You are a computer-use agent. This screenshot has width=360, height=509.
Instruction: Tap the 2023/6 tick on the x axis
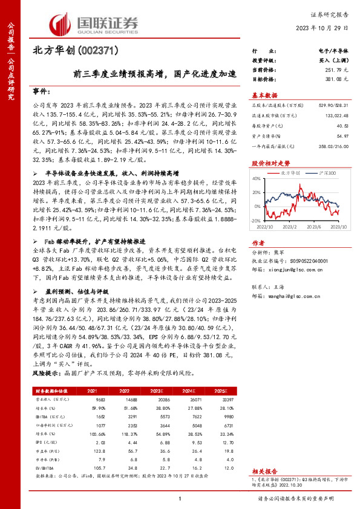coord(313,227)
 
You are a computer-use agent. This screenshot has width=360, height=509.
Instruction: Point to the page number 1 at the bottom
coord(180,498)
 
